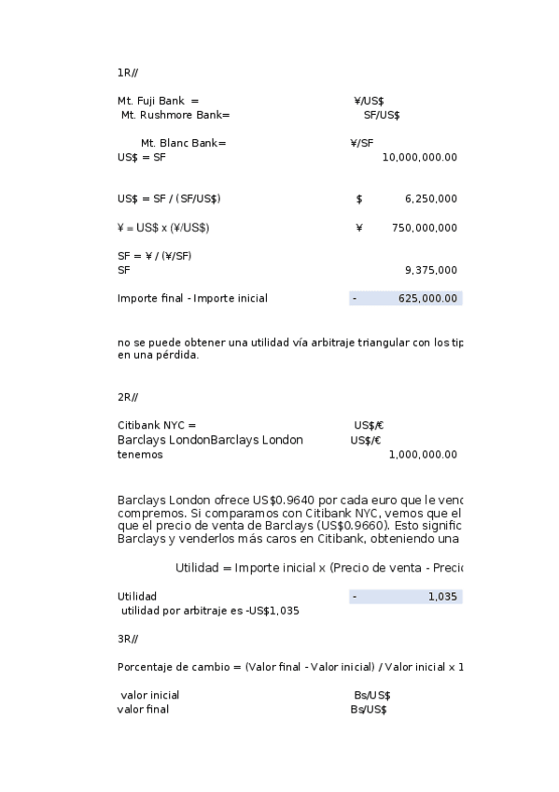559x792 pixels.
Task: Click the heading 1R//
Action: (x=128, y=72)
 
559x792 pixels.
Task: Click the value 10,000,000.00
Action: (x=419, y=157)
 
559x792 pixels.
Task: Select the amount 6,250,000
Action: (x=430, y=199)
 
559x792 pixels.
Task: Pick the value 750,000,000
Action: (x=424, y=228)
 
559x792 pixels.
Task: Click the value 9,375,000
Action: (x=430, y=270)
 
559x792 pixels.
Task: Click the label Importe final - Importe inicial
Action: (x=192, y=298)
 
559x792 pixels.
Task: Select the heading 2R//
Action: (x=128, y=397)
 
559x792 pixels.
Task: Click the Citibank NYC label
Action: (x=157, y=425)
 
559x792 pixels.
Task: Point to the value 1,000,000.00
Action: (x=422, y=454)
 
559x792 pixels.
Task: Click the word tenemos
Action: (x=140, y=454)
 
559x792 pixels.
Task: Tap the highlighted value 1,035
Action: (x=442, y=596)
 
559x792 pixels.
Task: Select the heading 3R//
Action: (x=128, y=639)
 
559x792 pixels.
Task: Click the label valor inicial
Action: (x=149, y=695)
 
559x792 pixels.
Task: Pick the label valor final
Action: (x=143, y=709)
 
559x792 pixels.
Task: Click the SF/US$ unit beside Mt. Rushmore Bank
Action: (x=382, y=115)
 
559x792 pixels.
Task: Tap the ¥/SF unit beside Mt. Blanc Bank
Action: (x=361, y=143)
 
